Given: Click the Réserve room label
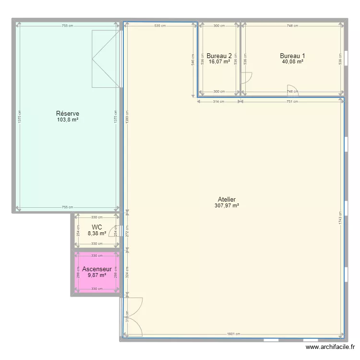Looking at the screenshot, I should [x=68, y=114].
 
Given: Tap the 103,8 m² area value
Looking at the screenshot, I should [x=68, y=120].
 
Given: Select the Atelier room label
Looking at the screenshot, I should [x=227, y=199].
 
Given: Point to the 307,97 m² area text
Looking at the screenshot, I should [x=227, y=205].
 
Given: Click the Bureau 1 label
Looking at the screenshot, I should [x=292, y=55].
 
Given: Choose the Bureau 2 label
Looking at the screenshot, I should [x=219, y=55].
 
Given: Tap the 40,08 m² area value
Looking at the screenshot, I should [x=292, y=61].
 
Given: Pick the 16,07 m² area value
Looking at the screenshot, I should [x=219, y=61].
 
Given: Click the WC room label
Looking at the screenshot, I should [x=97, y=227].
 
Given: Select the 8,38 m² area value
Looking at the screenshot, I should [x=97, y=234].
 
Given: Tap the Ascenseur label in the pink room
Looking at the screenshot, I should [x=97, y=269].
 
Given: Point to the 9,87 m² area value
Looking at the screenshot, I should [x=97, y=276].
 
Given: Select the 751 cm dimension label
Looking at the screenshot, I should [x=292, y=101].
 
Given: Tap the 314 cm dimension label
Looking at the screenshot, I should [x=219, y=101].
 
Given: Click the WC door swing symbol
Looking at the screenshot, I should [x=114, y=231].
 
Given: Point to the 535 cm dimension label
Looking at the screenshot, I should [x=160, y=26].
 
